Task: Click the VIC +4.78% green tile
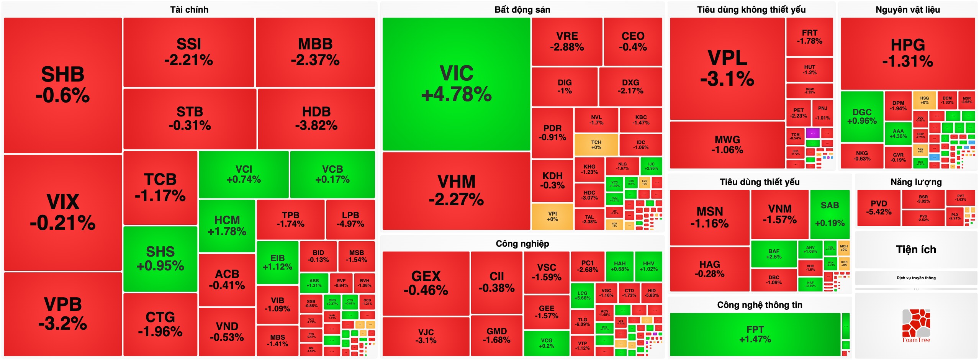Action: click(456, 84)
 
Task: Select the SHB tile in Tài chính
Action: click(62, 85)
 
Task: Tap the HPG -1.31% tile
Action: click(907, 53)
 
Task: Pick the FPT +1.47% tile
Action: click(755, 334)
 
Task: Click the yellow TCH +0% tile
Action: click(596, 145)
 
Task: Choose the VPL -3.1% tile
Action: click(727, 69)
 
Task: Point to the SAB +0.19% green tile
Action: click(830, 214)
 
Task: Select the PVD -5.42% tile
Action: click(879, 208)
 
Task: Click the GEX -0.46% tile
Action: click(426, 283)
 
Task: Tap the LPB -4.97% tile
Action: click(350, 219)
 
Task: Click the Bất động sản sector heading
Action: click(522, 10)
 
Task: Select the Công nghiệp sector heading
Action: click(522, 244)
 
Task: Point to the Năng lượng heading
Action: click(916, 182)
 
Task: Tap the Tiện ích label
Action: click(916, 250)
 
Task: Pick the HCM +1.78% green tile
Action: click(227, 226)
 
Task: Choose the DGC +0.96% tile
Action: click(862, 116)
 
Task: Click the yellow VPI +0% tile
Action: click(552, 216)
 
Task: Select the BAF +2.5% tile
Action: click(774, 254)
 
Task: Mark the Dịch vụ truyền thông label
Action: click(916, 278)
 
